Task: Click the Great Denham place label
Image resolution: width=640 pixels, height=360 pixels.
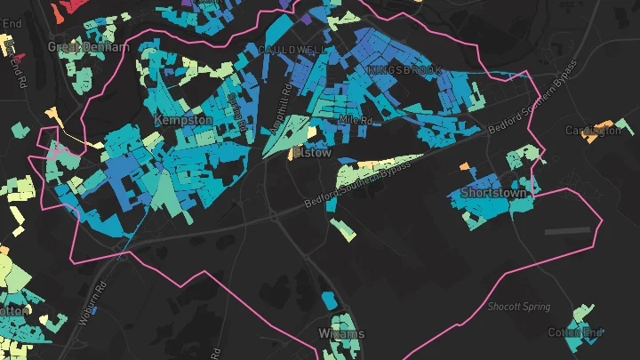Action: pos(88,46)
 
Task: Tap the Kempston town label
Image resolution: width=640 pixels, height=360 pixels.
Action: pos(182,120)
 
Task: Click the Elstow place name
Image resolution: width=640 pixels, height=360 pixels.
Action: pos(312,153)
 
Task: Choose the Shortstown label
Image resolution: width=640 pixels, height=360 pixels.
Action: pos(494,192)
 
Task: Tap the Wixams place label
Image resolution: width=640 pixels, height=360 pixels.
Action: pos(340,334)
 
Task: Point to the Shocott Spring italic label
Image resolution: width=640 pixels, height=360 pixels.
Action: pos(518,307)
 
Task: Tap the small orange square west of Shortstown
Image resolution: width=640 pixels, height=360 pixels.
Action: pos(464,164)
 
